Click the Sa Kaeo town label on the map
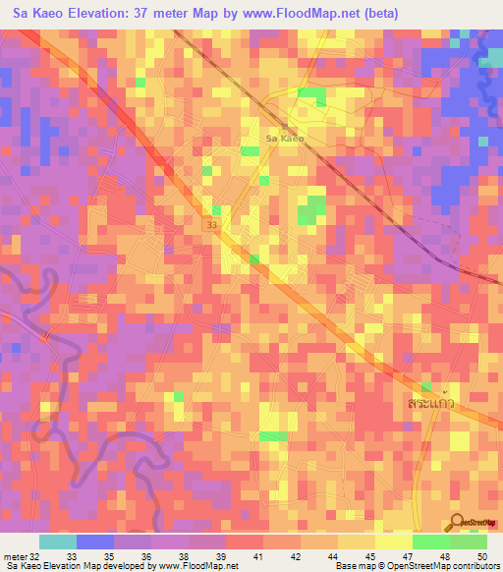[x=285, y=139]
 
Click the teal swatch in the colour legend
[x=57, y=542]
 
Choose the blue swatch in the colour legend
[x=94, y=542]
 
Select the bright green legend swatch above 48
[x=430, y=542]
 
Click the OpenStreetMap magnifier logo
[x=458, y=525]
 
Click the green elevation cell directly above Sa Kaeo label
[x=311, y=94]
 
